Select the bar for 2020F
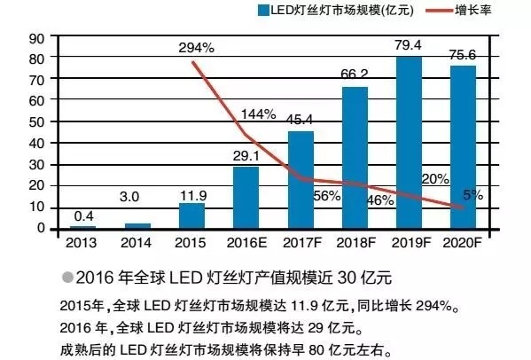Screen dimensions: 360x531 pyautogui.click(x=464, y=147)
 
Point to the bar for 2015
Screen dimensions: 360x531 pyautogui.click(x=191, y=216)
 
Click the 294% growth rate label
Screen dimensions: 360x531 pyautogui.click(x=195, y=46)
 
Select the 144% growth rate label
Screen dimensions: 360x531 pyautogui.click(x=259, y=115)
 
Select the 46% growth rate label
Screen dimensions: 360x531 pyautogui.click(x=379, y=200)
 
